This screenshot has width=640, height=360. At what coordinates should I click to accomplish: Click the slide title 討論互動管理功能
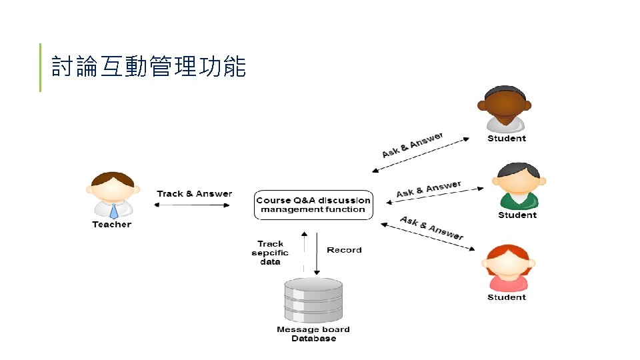tap(149, 67)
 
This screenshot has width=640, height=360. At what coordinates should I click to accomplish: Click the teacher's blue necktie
tap(113, 211)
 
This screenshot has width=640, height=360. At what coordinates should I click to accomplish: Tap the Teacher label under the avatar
tap(112, 225)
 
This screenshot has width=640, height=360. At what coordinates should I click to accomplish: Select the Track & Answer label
tap(195, 194)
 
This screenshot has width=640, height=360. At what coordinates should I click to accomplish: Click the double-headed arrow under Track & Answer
tap(192, 205)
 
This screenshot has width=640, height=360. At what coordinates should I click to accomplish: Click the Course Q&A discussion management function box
tap(313, 205)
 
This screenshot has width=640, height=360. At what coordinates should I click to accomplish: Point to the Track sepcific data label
tap(270, 253)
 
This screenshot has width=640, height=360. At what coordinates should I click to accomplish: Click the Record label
tap(344, 250)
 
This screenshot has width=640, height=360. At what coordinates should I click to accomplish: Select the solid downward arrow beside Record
tap(317, 253)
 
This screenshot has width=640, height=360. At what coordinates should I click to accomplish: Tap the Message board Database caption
tap(313, 334)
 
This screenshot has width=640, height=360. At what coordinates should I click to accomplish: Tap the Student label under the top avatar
tap(507, 139)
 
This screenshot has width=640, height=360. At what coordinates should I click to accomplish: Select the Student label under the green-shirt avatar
tap(517, 215)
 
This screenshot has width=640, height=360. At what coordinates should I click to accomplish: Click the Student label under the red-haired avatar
tap(507, 297)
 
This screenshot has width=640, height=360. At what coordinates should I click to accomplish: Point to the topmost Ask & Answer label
tap(412, 145)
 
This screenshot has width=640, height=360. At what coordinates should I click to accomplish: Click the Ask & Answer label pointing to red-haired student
tap(431, 227)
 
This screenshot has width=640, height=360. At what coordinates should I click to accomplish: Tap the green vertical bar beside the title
tap(40, 67)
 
